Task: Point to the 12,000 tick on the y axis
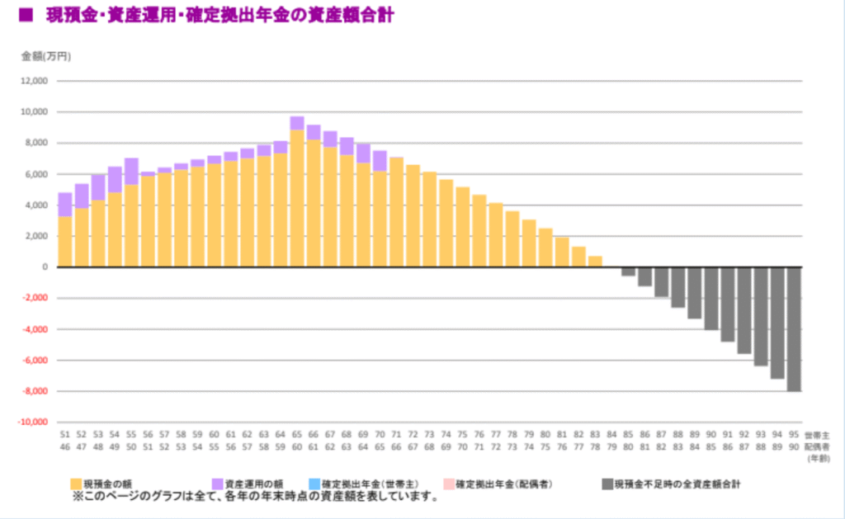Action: (x=35, y=81)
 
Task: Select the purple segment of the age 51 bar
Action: (x=65, y=205)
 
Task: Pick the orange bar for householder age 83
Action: (x=595, y=262)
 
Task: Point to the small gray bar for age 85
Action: (x=628, y=271)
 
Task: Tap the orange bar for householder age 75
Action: (x=463, y=227)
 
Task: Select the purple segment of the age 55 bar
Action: (x=131, y=171)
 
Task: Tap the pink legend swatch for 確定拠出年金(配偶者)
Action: (x=449, y=484)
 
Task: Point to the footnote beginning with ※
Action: (x=256, y=497)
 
